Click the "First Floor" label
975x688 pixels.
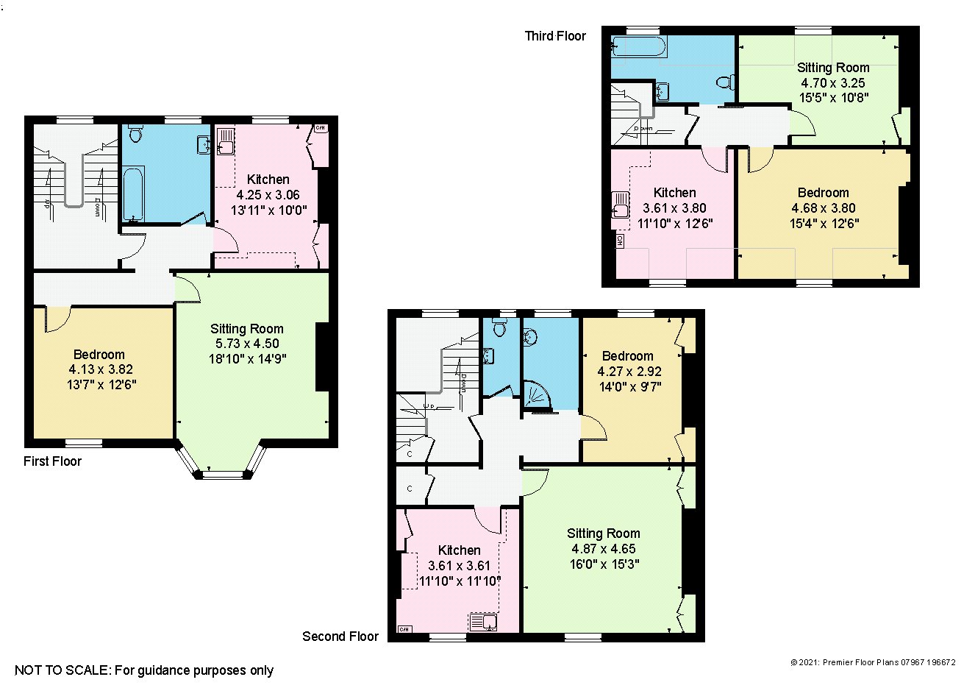pos(52,461)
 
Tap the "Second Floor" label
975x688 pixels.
pos(340,636)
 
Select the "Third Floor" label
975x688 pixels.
pos(555,36)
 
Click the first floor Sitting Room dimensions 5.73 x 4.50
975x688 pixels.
pos(246,344)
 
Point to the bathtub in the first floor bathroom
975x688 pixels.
pos(134,194)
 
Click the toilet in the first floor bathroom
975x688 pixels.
pos(135,133)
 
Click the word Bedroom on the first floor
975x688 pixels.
pos(99,355)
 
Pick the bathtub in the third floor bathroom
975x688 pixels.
pos(638,47)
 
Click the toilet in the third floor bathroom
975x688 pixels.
pos(725,82)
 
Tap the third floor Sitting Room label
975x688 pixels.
pos(833,68)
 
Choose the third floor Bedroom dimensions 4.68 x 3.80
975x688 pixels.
pos(823,208)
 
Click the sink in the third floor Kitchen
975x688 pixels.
pos(621,205)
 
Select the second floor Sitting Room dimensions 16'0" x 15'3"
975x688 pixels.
pos(604,564)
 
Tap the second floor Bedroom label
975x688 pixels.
pos(627,356)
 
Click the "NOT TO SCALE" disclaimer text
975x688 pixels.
pos(144,670)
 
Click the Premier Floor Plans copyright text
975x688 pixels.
pos(873,662)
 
